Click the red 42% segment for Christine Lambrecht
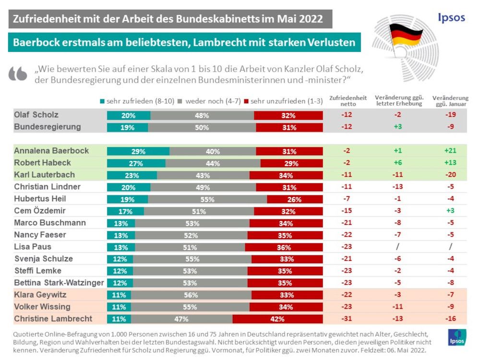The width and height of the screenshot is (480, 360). [277, 319]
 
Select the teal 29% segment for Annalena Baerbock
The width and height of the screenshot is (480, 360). [138, 151]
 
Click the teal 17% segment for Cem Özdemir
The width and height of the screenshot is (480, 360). [125, 211]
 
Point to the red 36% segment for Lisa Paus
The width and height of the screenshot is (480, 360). [284, 247]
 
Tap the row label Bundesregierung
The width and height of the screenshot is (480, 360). [47, 127]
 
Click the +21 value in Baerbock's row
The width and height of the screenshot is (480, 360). [450, 151]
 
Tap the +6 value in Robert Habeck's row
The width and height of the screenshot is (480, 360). [397, 163]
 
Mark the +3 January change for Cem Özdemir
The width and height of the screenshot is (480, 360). [450, 211]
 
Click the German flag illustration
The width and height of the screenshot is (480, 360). [406, 36]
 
